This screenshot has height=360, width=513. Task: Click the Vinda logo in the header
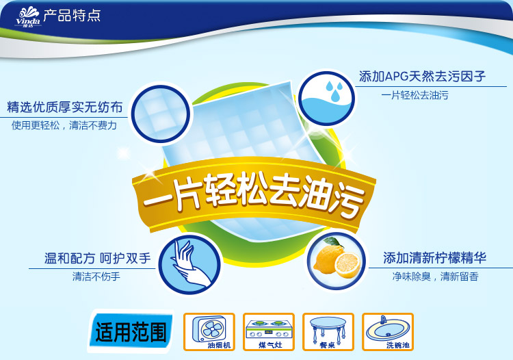pos(28,17)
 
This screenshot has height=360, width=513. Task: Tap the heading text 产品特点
pos(72,15)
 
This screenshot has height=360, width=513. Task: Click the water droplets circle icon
pos(326,99)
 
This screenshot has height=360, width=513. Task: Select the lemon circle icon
pos(337,261)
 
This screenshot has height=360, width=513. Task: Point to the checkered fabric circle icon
pos(160,114)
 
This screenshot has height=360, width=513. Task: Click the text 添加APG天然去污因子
pos(422,76)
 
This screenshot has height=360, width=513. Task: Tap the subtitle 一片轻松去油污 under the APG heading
pos(415,95)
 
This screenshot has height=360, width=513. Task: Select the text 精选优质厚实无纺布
pos(65,107)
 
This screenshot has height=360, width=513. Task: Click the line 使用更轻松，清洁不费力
pos(64,125)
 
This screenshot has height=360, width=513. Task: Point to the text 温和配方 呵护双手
pos(98,258)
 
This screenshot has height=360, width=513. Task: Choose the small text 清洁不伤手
pos(96,277)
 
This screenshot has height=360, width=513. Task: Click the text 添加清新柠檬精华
pos(435,258)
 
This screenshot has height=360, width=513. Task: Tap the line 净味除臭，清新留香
pos(436,277)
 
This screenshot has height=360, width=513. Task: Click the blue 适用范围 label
pos(131,331)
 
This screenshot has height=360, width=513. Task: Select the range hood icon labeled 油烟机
pos(209,332)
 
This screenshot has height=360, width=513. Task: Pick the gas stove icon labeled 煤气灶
pos(269,332)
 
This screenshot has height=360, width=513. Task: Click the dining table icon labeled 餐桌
pos(328,332)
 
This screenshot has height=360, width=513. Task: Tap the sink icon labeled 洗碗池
pos(388,332)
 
